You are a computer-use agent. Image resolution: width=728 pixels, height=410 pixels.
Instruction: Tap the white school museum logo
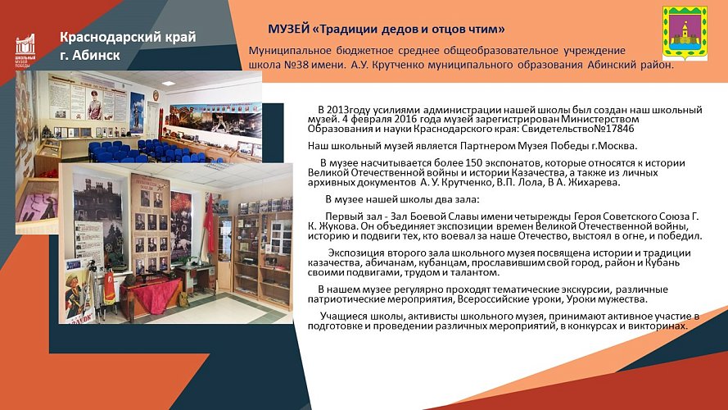26,52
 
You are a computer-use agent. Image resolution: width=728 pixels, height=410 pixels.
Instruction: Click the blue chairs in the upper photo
147,150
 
